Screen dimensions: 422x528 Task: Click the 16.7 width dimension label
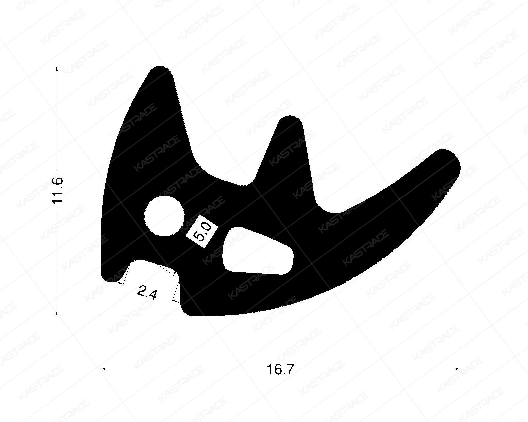click(280, 369)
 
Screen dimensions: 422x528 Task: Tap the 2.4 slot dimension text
click(146, 292)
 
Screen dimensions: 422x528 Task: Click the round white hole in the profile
click(164, 216)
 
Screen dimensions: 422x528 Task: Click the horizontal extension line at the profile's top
click(106, 67)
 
